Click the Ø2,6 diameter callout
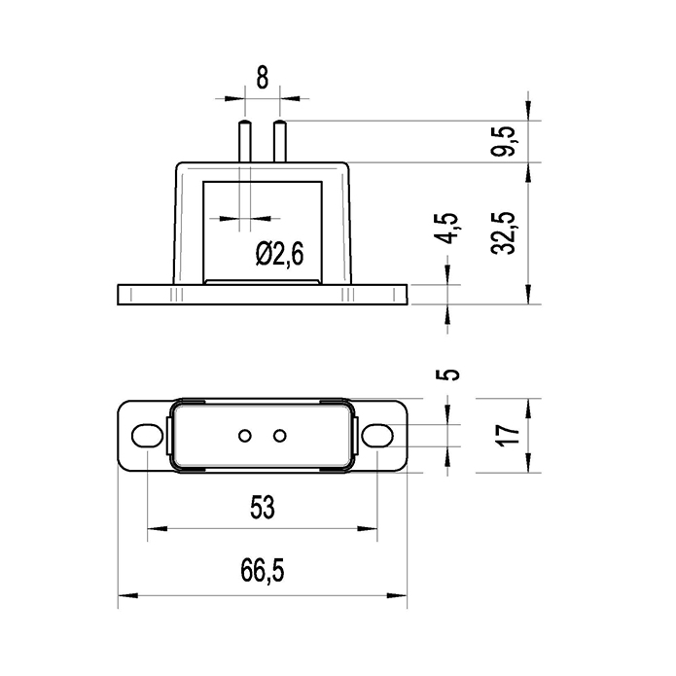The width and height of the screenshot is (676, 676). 280,254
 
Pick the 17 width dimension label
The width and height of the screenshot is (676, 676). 506,434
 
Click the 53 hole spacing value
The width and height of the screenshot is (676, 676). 263,507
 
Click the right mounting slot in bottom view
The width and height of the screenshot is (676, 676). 376,435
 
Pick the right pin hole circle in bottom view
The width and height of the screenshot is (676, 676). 279,435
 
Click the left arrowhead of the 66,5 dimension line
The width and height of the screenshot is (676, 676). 125,595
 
